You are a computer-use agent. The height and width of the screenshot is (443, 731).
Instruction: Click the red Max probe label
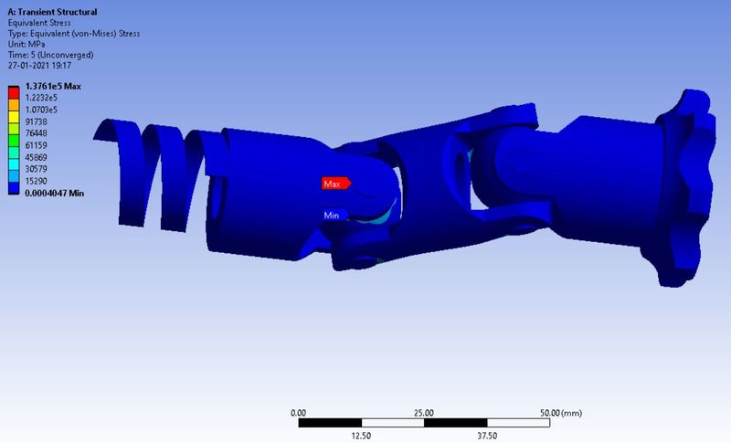pyautogui.click(x=334, y=184)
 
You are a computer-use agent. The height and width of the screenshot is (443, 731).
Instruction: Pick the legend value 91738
pyautogui.click(x=38, y=121)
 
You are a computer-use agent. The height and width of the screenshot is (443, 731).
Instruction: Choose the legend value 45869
pyautogui.click(x=38, y=158)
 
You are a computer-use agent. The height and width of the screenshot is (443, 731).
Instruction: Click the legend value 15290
pyautogui.click(x=38, y=182)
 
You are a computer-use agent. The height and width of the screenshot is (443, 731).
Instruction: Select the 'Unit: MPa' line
pyautogui.click(x=28, y=44)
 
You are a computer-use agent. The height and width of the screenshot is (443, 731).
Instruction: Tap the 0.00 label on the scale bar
pyautogui.click(x=298, y=413)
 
